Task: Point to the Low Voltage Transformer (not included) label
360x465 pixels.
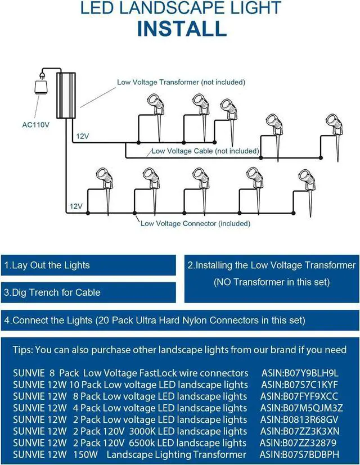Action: pos(181,82)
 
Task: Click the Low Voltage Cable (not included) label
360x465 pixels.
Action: pos(205,151)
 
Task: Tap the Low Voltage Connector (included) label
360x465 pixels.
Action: pos(195,223)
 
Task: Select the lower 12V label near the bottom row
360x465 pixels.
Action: pos(76,207)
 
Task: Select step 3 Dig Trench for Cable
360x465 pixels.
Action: pos(52,292)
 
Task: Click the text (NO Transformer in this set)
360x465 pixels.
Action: pos(271,282)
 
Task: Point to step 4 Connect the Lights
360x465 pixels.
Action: pos(155,320)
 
